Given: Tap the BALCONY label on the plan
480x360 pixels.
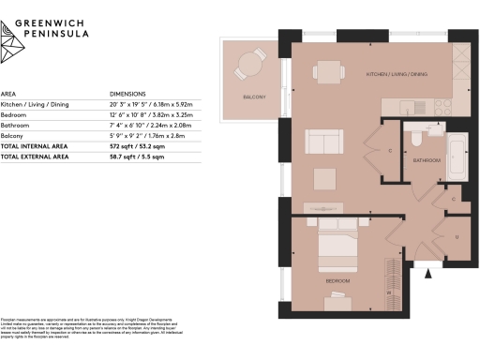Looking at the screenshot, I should point(253,97).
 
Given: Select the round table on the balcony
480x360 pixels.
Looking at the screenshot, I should point(251,64).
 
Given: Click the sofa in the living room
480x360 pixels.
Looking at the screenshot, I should point(325,144).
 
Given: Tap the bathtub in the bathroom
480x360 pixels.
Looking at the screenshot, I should point(457,156).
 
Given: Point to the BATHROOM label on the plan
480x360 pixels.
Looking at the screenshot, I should point(428,160).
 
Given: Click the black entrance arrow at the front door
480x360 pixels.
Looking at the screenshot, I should point(430,274).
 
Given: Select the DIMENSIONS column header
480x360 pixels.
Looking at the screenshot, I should point(130,95).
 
